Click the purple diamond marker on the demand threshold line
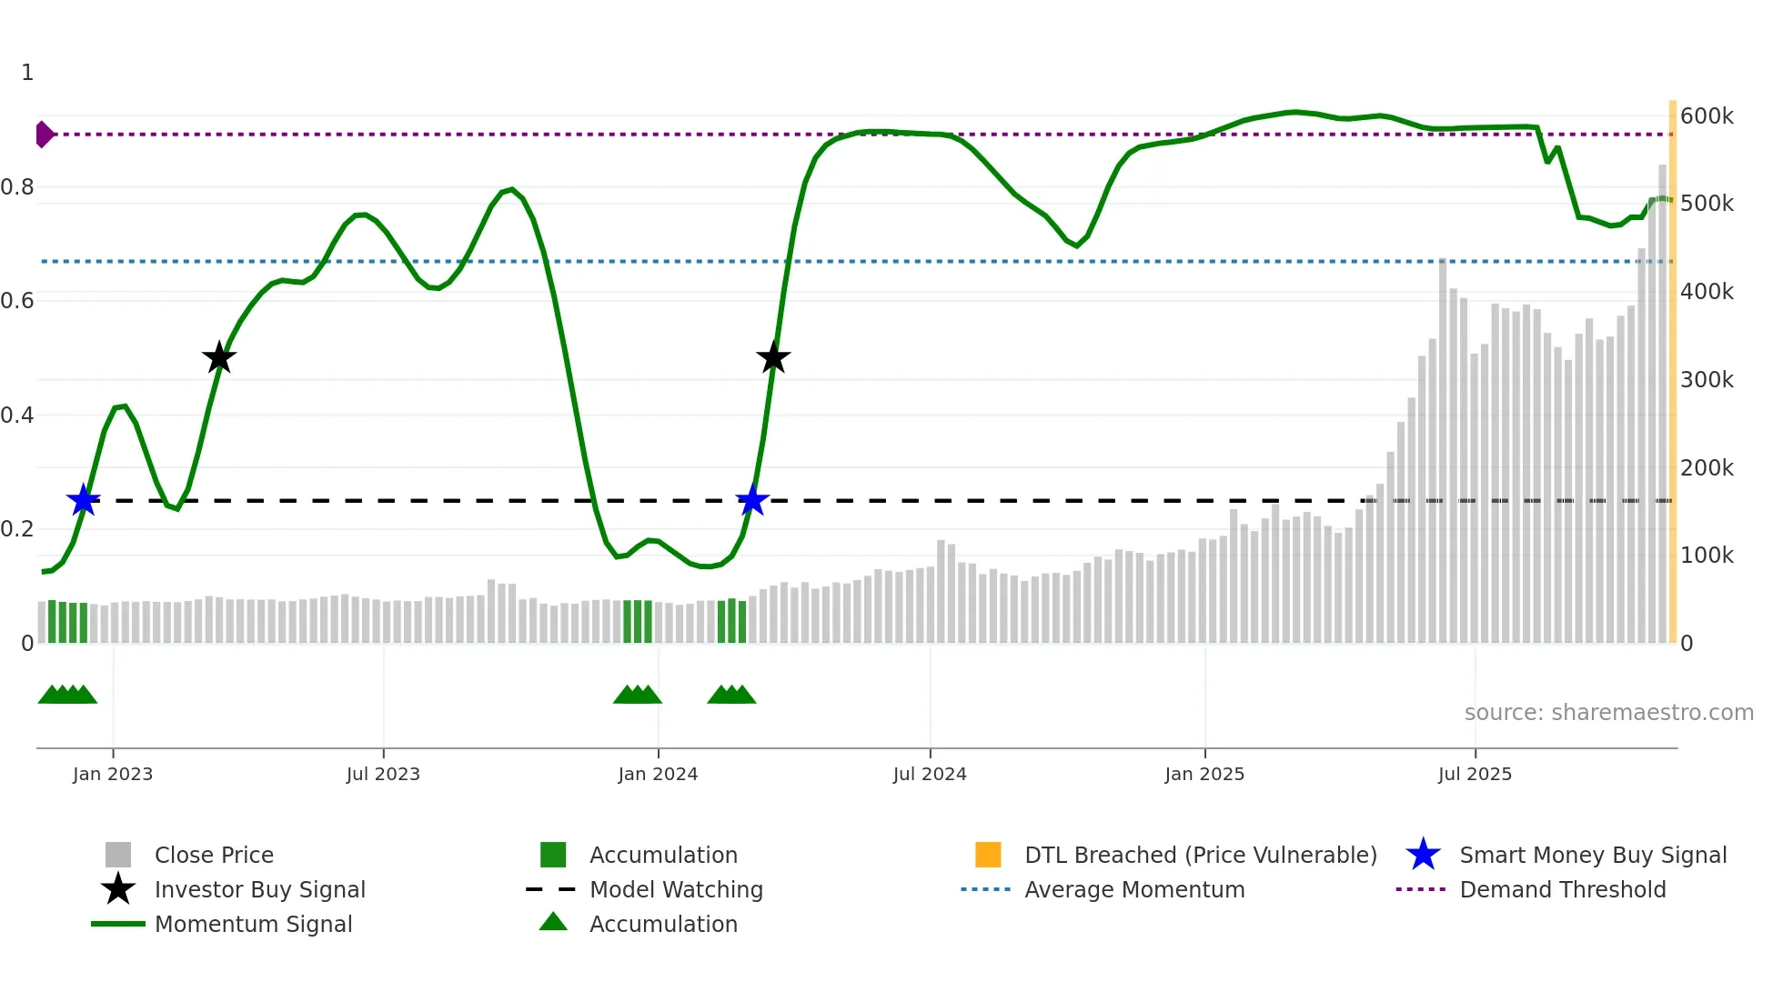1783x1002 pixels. [x=44, y=135]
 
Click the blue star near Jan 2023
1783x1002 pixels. [x=84, y=500]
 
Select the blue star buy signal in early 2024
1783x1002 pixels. [x=752, y=500]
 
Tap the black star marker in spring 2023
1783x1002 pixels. [x=218, y=358]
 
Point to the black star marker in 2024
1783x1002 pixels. [x=773, y=358]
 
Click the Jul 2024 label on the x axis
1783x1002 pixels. [x=930, y=774]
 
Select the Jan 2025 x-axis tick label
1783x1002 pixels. [x=1204, y=774]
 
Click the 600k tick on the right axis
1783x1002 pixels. [x=1707, y=116]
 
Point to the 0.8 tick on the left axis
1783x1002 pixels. [x=17, y=187]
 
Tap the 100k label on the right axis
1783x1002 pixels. [x=1707, y=556]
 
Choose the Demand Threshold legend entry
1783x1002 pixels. [x=1562, y=890]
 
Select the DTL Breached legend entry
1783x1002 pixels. [x=1200, y=856]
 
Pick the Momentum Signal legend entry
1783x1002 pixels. [x=253, y=925]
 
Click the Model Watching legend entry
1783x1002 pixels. [x=676, y=890]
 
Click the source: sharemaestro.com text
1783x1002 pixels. [x=1608, y=713]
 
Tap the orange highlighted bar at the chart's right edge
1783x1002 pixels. [x=1672, y=373]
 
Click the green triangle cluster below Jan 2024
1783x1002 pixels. [x=638, y=695]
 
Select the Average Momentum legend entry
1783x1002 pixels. [x=1133, y=890]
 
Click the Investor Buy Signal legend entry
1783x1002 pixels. [x=259, y=890]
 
